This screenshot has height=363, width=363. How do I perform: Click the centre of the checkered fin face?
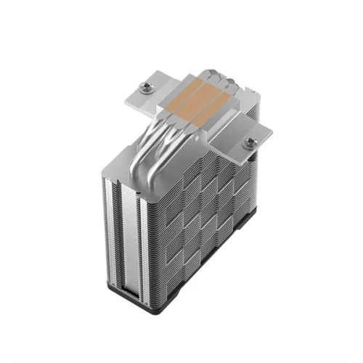pyautogui.click(x=196, y=218)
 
